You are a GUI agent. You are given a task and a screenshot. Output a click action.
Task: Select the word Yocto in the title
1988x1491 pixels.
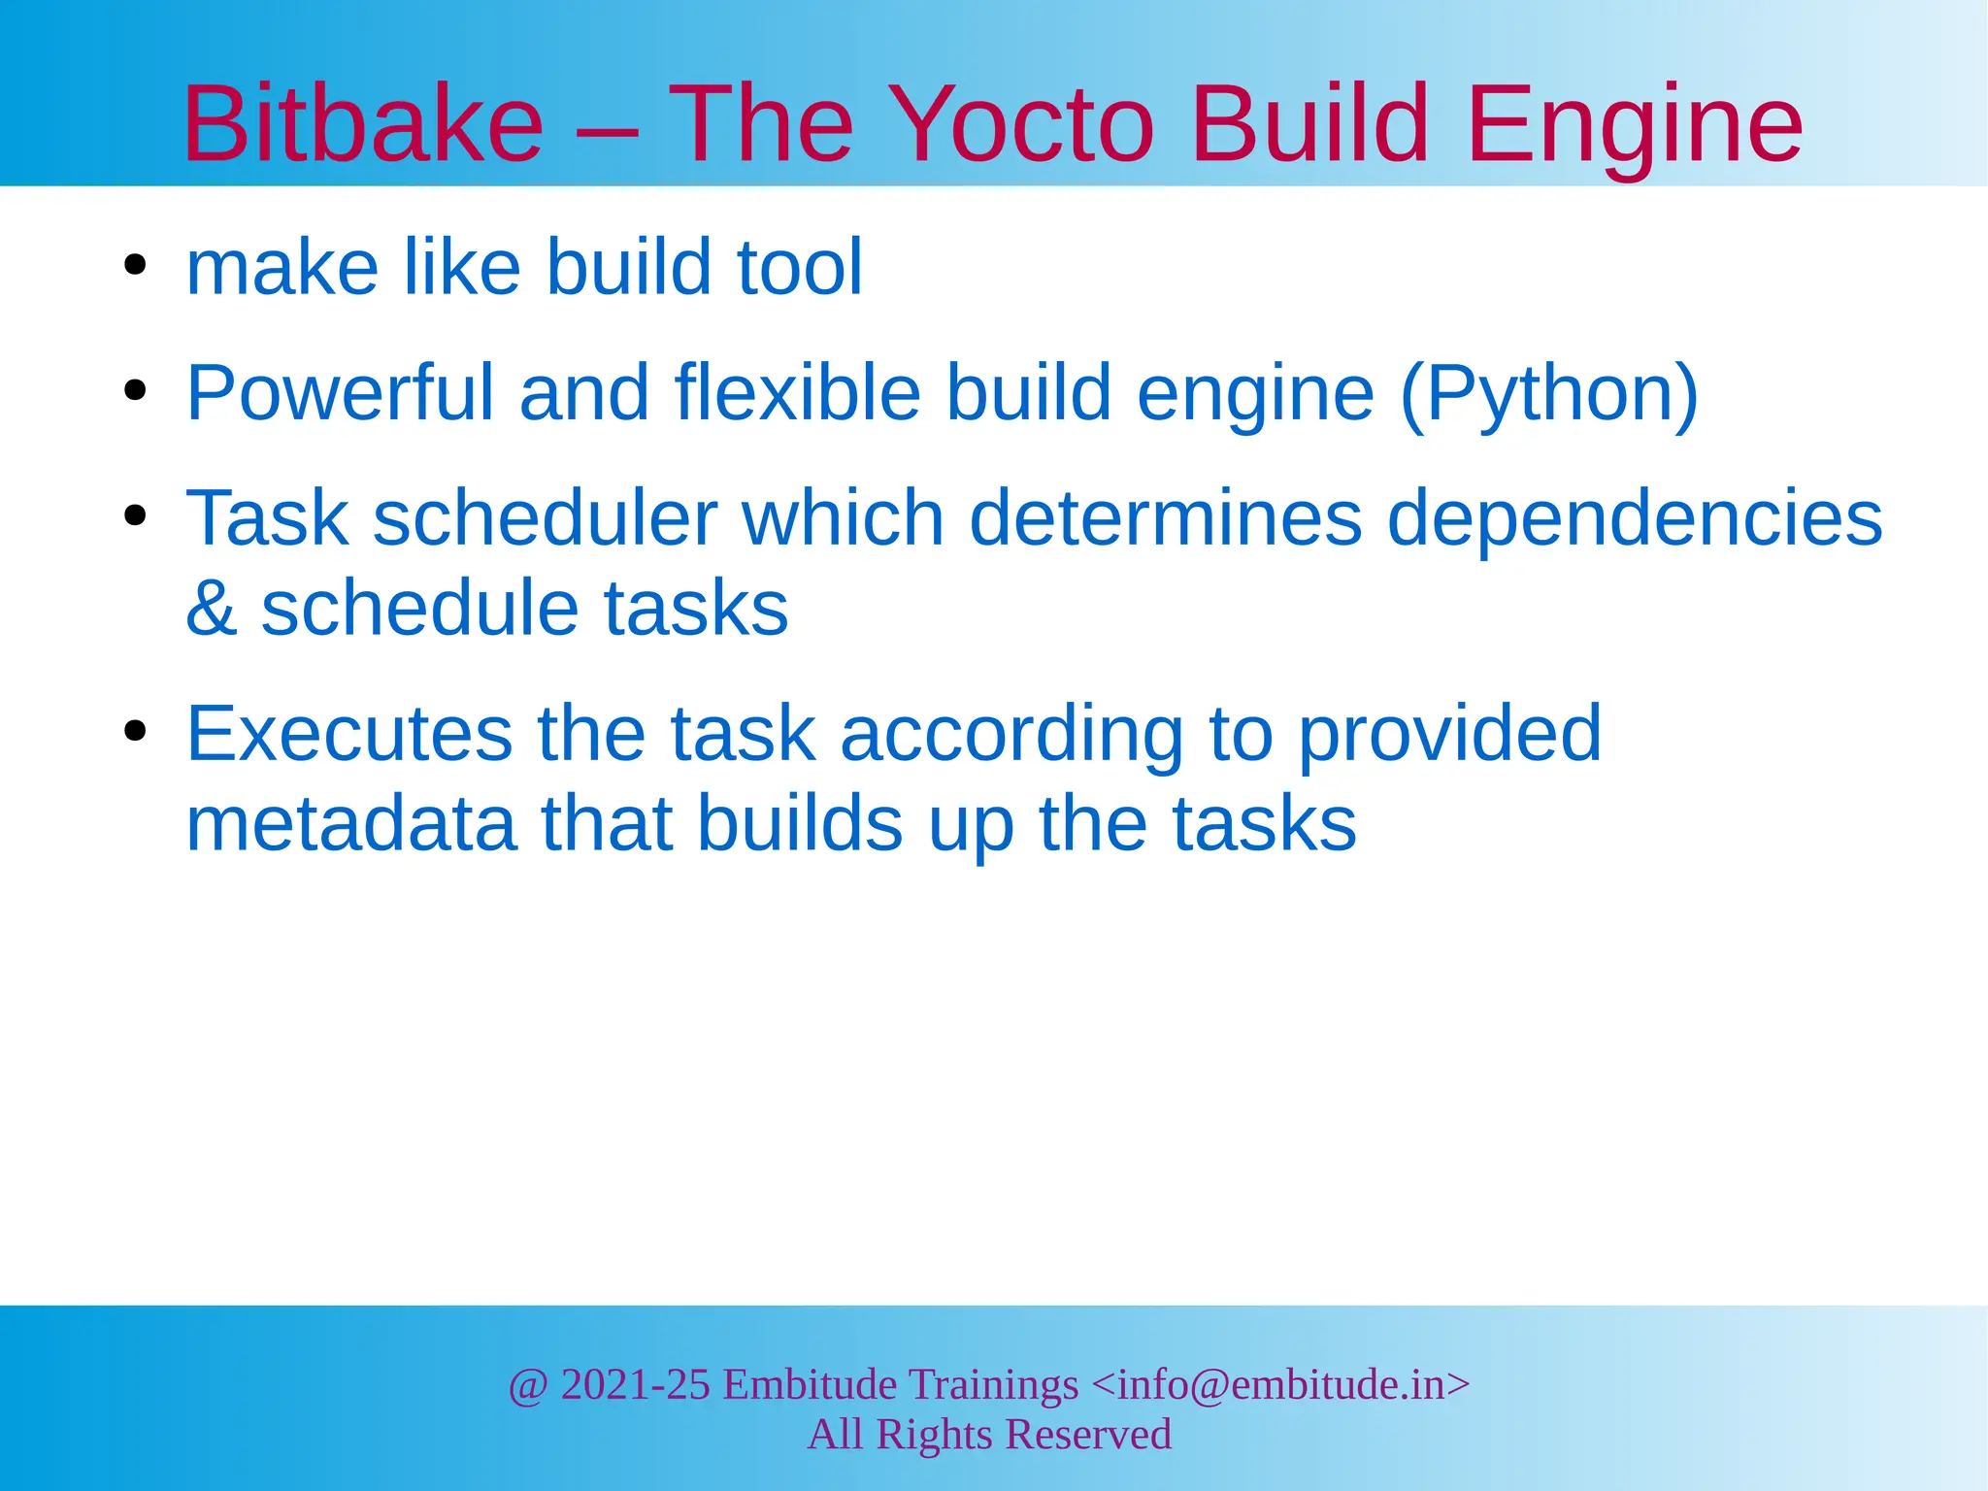click(1022, 124)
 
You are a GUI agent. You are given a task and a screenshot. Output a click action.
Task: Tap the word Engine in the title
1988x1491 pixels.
click(1635, 124)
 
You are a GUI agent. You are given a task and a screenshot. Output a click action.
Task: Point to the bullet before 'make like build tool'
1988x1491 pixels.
click(135, 265)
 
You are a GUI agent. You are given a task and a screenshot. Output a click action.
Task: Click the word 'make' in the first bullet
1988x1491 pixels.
click(282, 267)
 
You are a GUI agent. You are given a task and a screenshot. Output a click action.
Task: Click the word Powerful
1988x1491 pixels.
click(341, 393)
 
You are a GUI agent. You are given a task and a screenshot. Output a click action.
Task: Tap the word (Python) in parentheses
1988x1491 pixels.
click(1549, 393)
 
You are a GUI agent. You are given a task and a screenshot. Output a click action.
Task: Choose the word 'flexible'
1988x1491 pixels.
click(797, 393)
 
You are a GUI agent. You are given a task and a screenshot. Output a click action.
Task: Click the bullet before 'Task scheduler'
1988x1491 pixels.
click(135, 516)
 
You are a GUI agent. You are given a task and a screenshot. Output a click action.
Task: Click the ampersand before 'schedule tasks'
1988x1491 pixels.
click(212, 609)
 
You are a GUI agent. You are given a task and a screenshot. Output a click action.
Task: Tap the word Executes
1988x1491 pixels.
click(349, 734)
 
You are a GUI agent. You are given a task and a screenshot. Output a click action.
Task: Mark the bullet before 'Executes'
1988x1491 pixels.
click(135, 732)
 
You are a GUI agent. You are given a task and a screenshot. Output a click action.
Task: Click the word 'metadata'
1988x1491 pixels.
click(350, 824)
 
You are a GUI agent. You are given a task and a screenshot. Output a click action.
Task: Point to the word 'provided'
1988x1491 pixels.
click(1449, 734)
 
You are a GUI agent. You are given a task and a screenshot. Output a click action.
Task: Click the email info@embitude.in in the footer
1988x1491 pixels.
click(1280, 1384)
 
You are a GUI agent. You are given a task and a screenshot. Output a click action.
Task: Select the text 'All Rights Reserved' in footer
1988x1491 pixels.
click(989, 1434)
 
